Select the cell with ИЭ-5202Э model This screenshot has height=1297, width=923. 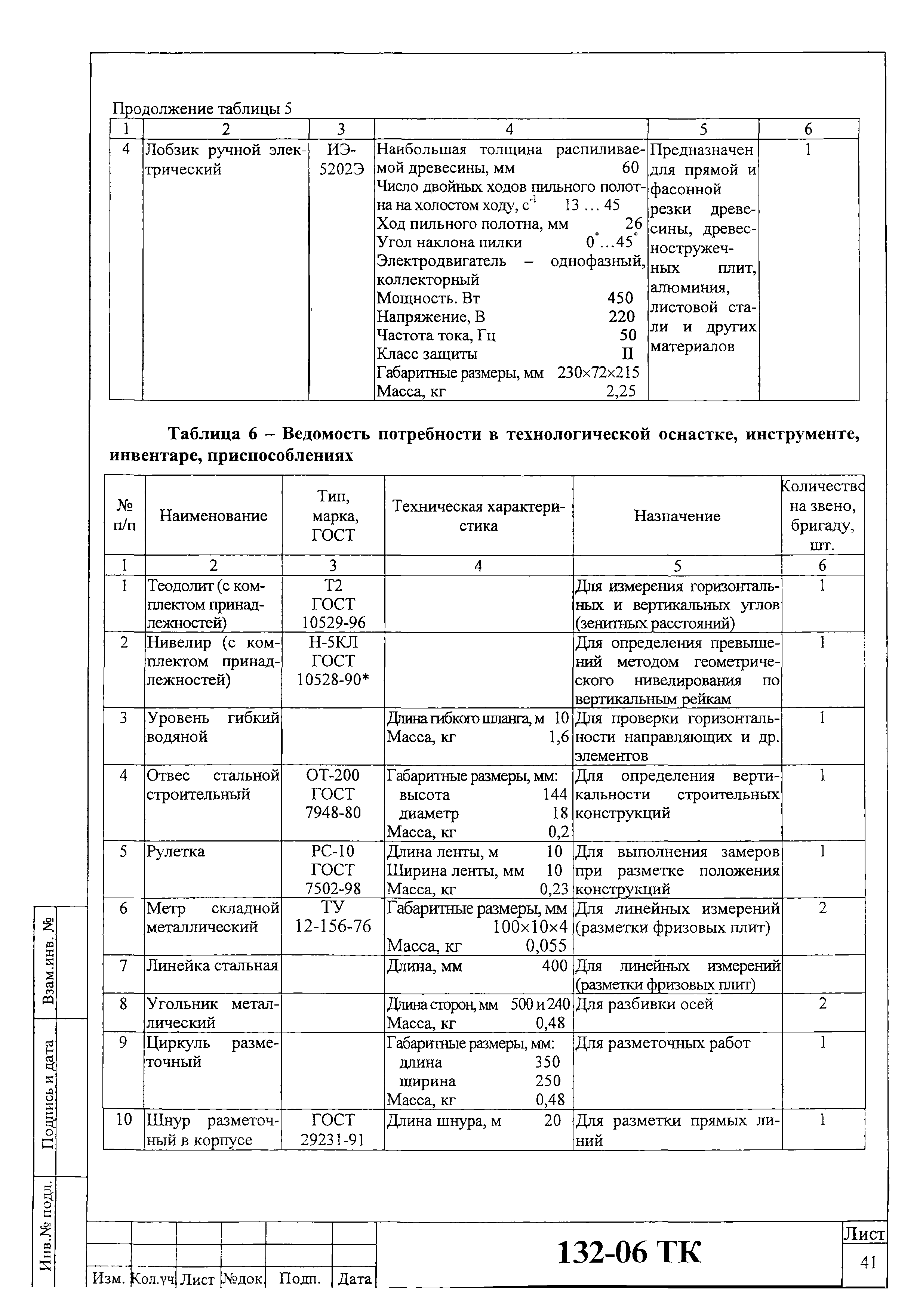pos(342,160)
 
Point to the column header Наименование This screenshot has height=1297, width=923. pos(213,516)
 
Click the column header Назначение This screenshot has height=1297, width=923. pos(677,516)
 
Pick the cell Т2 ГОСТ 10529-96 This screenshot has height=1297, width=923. pos(333,604)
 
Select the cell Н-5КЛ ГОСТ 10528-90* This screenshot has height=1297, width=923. pos(333,661)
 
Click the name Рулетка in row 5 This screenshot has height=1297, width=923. pos(176,852)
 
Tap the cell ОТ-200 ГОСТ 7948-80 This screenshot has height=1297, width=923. pos(333,794)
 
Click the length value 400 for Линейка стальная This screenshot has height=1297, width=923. pos(555,966)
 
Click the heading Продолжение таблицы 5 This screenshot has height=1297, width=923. pos(202,108)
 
